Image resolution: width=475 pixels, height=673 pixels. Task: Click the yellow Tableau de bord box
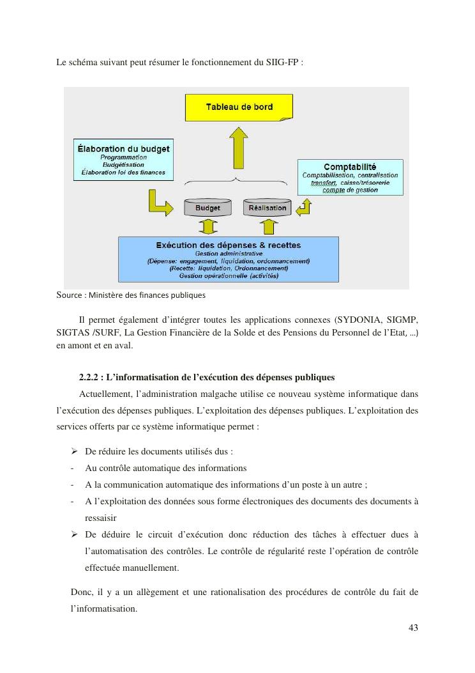238,107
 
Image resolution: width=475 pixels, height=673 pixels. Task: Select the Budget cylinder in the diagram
207,207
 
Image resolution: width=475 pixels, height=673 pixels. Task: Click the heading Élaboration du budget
123,148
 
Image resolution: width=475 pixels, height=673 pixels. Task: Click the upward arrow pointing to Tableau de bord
239,146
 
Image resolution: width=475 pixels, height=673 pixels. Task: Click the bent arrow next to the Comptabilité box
305,206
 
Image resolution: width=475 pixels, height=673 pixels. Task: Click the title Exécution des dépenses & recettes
228,245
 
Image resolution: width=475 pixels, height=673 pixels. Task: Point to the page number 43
413,627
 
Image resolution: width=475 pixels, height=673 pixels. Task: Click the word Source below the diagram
68,295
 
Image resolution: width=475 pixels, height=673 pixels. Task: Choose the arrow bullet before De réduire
74,451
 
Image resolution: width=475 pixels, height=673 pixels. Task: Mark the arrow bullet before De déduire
74,534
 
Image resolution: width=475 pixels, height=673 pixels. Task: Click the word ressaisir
103,518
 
